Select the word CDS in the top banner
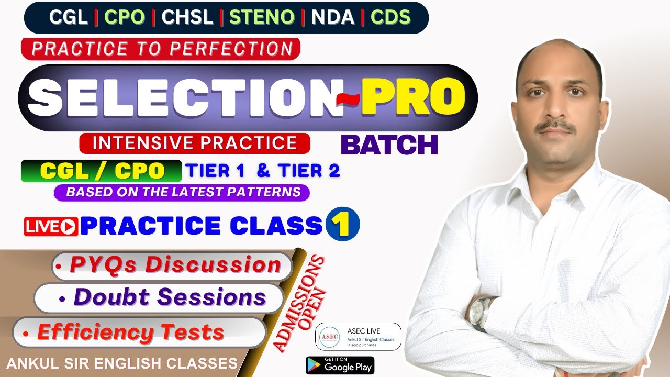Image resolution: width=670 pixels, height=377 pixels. click(x=390, y=18)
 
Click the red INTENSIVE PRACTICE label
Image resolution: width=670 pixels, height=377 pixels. click(x=195, y=143)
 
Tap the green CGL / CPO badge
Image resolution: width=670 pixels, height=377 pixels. click(x=101, y=171)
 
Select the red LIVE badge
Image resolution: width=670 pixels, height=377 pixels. click(x=51, y=226)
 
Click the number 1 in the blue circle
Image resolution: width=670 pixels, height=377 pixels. click(x=342, y=224)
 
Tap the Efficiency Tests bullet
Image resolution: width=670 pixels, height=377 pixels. click(x=131, y=332)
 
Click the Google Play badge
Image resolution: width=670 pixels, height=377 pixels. click(x=340, y=365)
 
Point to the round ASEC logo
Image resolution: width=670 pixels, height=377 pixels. click(x=330, y=337)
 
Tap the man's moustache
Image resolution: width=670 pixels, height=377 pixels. click(x=555, y=126)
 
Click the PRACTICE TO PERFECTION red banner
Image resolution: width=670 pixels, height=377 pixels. click(x=161, y=49)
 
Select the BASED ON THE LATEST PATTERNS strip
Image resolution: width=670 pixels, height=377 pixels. click(x=182, y=192)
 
